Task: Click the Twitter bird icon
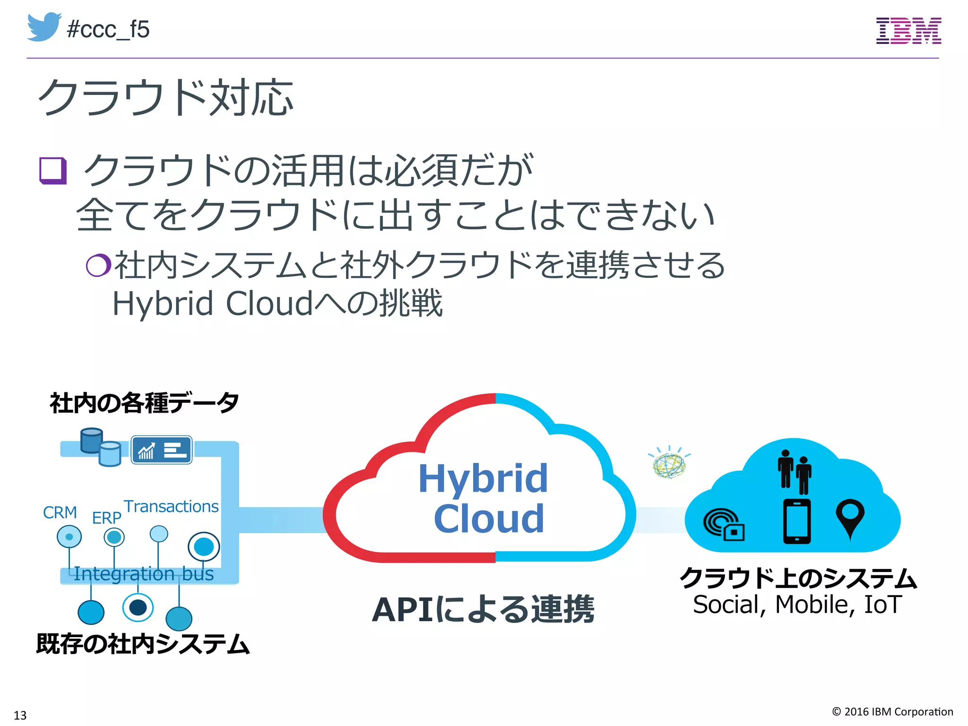(44, 27)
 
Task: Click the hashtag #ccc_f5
(108, 29)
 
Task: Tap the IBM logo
(908, 31)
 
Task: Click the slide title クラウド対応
(165, 97)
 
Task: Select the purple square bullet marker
(52, 171)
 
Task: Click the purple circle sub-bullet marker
(98, 265)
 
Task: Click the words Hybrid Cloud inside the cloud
(484, 498)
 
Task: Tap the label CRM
(60, 512)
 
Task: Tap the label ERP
(106, 518)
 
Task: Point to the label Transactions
(171, 506)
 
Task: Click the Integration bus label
(144, 574)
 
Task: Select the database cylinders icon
(100, 447)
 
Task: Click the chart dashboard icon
(161, 450)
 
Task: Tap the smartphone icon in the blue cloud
(797, 521)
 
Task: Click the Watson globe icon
(669, 463)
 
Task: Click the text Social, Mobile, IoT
(797, 605)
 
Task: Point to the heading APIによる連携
(483, 609)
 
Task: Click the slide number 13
(20, 715)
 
